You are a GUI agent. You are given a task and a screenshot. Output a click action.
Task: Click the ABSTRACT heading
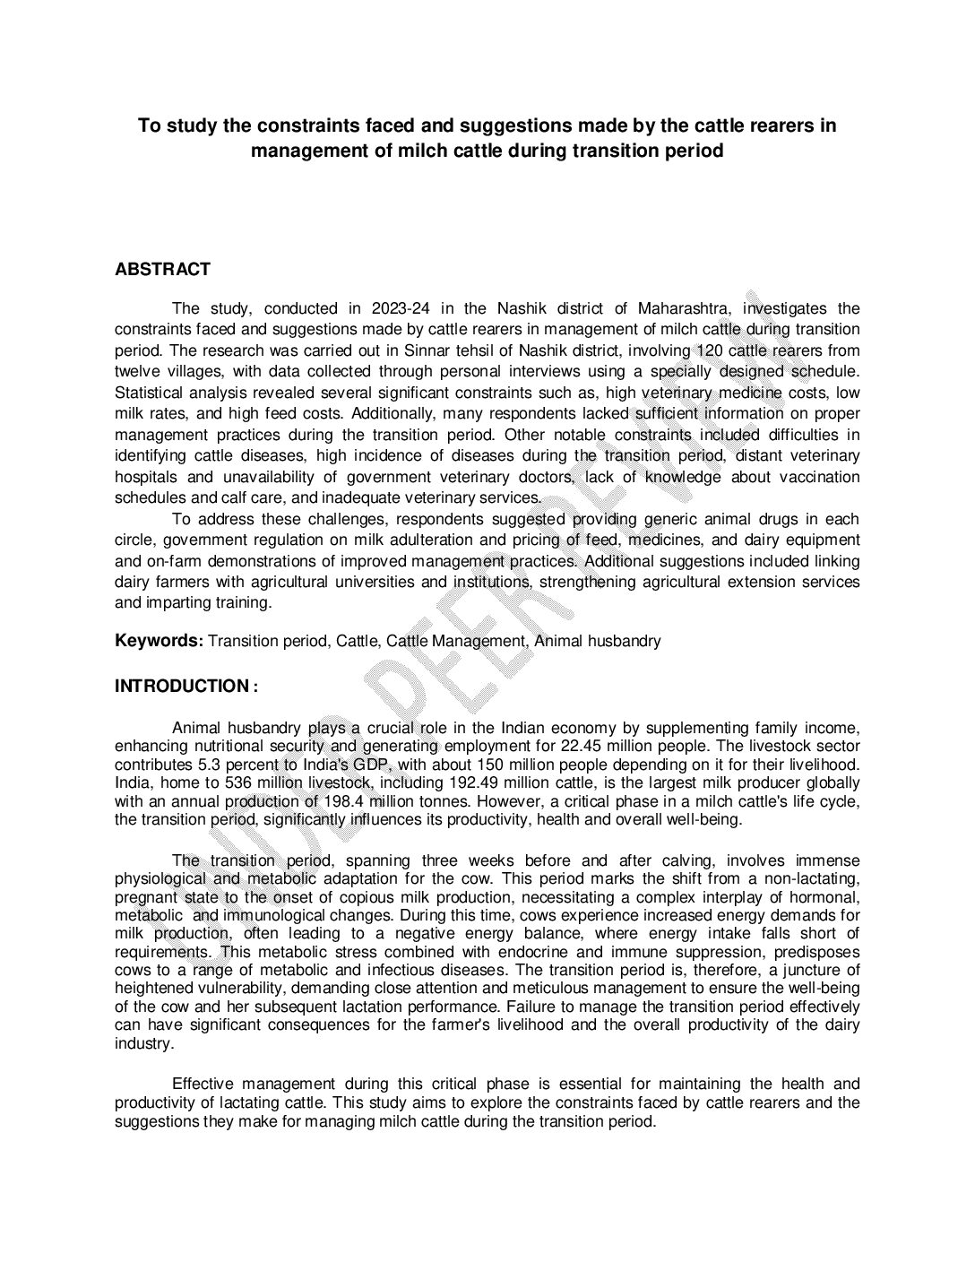[x=162, y=269]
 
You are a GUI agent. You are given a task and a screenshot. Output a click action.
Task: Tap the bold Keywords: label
[x=159, y=641]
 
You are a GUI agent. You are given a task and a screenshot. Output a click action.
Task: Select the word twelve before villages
[x=136, y=371]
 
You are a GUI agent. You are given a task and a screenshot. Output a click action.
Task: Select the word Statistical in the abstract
[x=148, y=393]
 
